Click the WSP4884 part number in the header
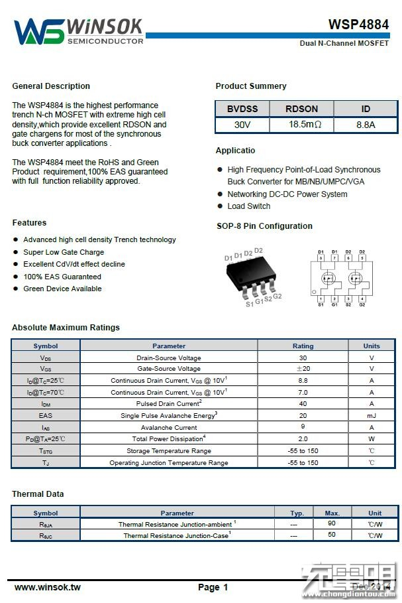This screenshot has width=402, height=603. click(358, 25)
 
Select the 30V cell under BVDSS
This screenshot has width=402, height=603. click(242, 125)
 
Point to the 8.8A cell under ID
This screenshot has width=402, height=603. click(366, 125)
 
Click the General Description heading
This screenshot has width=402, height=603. click(51, 86)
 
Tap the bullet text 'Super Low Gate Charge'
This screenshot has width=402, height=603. click(64, 252)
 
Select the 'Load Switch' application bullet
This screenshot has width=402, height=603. click(248, 206)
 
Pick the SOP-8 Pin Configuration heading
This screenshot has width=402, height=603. click(264, 226)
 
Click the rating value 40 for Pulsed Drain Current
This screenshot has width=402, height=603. click(303, 404)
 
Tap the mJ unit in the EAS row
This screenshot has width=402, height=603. click(372, 415)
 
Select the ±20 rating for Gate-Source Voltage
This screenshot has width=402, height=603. click(303, 369)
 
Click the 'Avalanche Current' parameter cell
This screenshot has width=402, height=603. click(169, 427)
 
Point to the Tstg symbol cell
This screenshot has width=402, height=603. click(45, 451)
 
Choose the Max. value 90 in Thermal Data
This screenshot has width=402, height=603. click(332, 524)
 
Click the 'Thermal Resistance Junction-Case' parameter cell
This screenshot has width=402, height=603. click(177, 535)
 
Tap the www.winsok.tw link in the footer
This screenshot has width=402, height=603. click(47, 587)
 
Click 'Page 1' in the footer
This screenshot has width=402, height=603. click(213, 587)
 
